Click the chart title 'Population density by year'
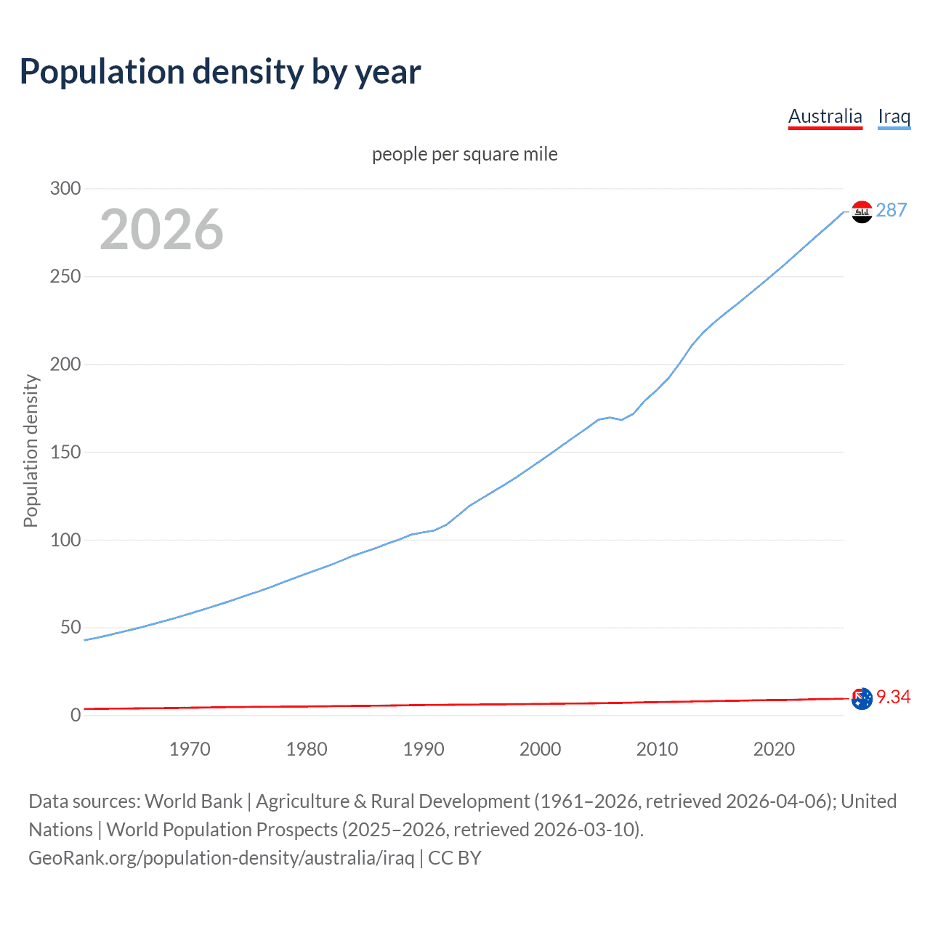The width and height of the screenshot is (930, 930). (220, 72)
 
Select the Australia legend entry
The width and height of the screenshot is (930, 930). (825, 116)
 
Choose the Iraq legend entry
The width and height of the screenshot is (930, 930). (894, 116)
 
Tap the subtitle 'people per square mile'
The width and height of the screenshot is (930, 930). (464, 154)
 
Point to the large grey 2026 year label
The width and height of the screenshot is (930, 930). (161, 230)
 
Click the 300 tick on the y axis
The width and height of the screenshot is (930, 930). (65, 189)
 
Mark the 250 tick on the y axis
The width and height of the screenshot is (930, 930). (65, 277)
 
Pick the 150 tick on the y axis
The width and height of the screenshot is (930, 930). (65, 452)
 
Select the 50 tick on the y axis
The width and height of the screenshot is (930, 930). (70, 627)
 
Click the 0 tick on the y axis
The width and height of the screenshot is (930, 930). (76, 715)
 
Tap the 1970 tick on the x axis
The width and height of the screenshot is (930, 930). (190, 749)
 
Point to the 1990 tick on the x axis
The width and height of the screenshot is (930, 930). (424, 749)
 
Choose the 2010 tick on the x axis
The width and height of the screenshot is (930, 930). (657, 749)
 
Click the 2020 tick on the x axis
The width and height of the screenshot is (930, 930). (774, 749)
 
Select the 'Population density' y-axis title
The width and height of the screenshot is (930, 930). (31, 450)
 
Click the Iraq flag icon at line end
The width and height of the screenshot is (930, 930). (862, 211)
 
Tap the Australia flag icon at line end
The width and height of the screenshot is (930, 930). (862, 698)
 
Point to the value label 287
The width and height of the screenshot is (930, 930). (891, 210)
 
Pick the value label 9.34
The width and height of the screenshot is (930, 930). (893, 697)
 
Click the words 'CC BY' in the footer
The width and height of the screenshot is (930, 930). (455, 858)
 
